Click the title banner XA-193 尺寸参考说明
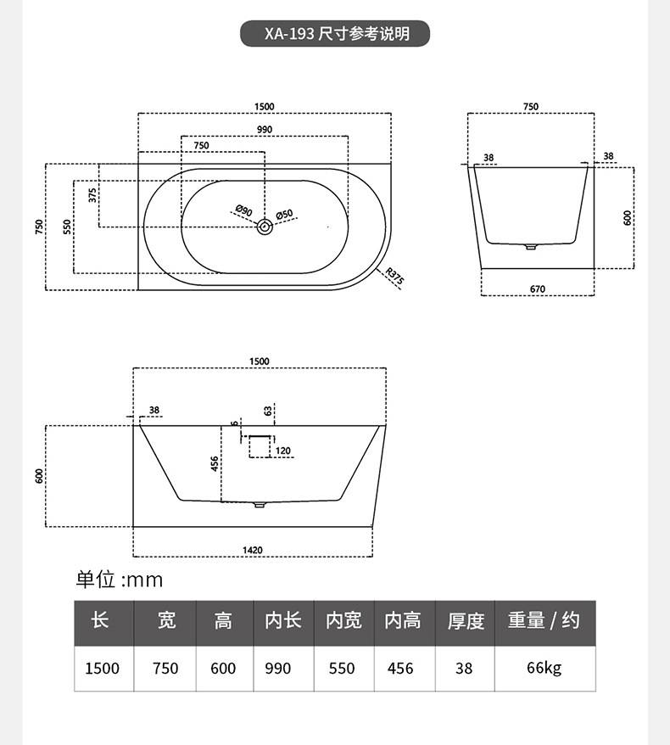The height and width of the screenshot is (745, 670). (335, 33)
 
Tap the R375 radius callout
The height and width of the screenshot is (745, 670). (394, 277)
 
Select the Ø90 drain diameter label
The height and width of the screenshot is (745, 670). (244, 210)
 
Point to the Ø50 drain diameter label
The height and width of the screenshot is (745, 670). (284, 215)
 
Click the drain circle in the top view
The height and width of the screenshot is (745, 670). (265, 227)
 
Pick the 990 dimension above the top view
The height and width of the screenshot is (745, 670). (265, 129)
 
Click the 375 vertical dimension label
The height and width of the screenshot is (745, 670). (92, 195)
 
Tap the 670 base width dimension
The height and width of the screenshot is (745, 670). (538, 288)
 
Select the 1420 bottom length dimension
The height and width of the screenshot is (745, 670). (252, 550)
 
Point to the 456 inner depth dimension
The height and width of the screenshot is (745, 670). (215, 464)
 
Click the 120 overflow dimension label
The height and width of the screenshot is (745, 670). (283, 451)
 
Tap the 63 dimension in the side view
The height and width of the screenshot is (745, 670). (268, 411)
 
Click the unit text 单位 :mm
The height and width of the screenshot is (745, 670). (120, 580)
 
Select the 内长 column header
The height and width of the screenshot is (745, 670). (283, 620)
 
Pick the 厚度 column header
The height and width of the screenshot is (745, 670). (466, 621)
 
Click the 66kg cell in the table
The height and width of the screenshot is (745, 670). (544, 668)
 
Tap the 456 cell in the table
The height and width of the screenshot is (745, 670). (400, 668)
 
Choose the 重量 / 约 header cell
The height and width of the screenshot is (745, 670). (544, 620)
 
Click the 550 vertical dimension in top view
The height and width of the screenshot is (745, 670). (67, 227)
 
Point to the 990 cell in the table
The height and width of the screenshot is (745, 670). (278, 668)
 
